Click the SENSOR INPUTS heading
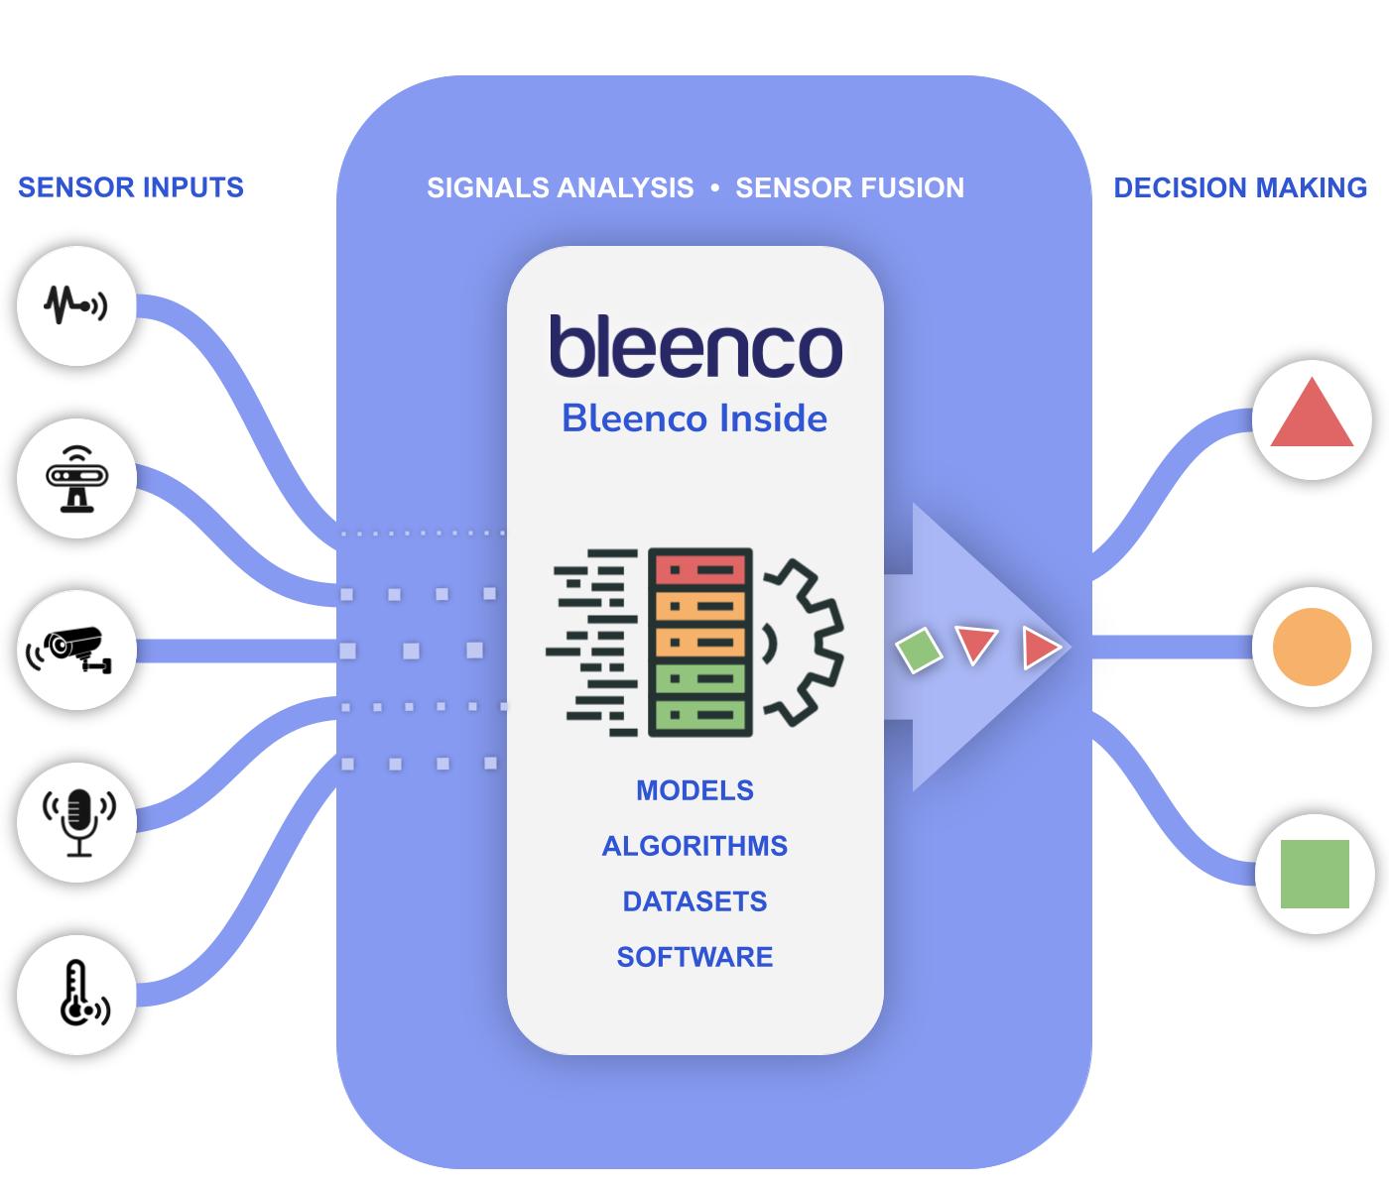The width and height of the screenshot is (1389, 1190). pos(130,187)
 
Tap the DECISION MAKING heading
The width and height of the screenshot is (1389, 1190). pos(1240,188)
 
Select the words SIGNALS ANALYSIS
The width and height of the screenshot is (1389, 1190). pos(561,188)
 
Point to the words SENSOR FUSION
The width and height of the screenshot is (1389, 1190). pos(849,188)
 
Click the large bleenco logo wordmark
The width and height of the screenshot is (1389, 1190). pos(696,346)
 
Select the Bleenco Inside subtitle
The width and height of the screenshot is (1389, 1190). pos(694,418)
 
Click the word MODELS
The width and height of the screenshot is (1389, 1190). pos(694,790)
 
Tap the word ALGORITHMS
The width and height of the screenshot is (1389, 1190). pos(694,846)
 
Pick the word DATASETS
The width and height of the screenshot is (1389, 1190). pos(694,901)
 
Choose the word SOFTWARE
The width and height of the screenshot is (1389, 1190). pos(694,957)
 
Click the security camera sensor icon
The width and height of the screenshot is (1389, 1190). pos(69,650)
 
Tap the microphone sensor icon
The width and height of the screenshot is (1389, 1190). pos(79,822)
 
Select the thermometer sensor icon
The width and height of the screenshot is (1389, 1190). pos(83,993)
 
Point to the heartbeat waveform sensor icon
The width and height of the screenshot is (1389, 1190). pos(75,305)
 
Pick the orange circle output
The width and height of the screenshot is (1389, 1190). pos(1312,647)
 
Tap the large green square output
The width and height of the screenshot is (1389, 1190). pos(1315,874)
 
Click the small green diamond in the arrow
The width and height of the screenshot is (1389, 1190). pos(919,650)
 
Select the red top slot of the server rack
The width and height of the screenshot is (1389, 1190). pos(700,570)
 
